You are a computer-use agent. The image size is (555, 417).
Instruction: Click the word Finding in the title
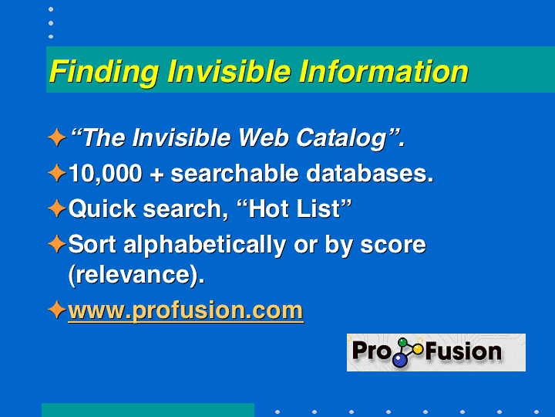click(x=104, y=73)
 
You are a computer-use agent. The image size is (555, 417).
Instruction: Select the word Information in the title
click(x=384, y=71)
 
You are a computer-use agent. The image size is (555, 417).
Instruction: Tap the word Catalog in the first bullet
click(x=341, y=138)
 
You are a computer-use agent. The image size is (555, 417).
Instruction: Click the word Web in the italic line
click(x=264, y=137)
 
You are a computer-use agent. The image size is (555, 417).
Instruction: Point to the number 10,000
click(x=105, y=174)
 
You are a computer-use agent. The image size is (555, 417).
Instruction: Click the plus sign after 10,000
click(x=156, y=175)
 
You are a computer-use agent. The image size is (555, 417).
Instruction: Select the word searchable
click(x=234, y=174)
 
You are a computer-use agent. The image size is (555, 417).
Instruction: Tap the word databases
click(x=370, y=174)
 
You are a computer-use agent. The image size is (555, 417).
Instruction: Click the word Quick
click(x=103, y=208)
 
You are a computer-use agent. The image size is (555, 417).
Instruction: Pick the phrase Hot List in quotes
click(x=294, y=208)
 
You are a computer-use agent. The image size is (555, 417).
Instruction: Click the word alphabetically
click(x=204, y=246)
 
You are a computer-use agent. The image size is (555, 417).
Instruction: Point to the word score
click(x=393, y=246)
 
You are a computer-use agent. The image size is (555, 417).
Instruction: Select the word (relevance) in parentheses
click(x=136, y=275)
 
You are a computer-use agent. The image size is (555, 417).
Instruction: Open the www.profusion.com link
click(x=186, y=311)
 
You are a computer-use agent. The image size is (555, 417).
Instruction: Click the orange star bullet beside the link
click(x=56, y=310)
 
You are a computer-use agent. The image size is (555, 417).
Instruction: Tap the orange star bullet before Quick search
click(x=56, y=208)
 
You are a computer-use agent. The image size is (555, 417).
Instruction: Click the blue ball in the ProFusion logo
click(x=400, y=361)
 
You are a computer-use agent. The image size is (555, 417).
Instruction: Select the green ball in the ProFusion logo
click(x=403, y=343)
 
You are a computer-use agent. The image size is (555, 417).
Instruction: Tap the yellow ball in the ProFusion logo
click(x=418, y=349)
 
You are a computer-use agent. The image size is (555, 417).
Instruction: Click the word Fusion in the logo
click(x=463, y=351)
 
